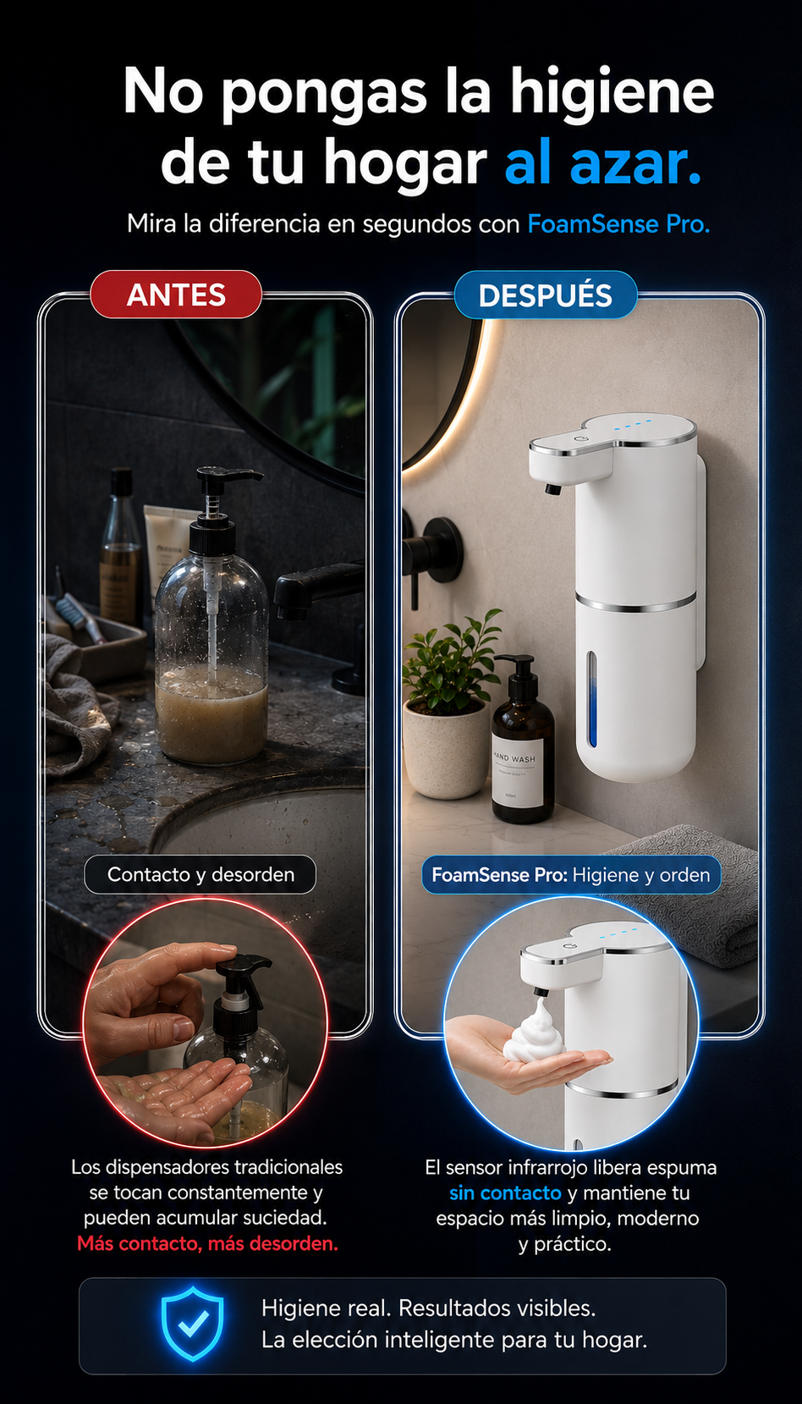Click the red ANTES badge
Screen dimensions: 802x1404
pyautogui.click(x=175, y=295)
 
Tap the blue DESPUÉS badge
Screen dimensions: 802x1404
pyautogui.click(x=545, y=295)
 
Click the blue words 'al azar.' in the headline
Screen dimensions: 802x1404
pyautogui.click(x=602, y=162)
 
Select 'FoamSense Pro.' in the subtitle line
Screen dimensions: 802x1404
pyautogui.click(x=618, y=223)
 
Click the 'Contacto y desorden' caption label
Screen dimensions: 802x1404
pyautogui.click(x=200, y=874)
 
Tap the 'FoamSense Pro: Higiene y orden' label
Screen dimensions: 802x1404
pyautogui.click(x=571, y=874)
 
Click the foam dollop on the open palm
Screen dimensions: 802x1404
pyautogui.click(x=534, y=1032)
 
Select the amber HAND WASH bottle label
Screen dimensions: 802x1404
pyautogui.click(x=518, y=774)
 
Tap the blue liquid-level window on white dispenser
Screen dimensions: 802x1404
pyautogui.click(x=591, y=699)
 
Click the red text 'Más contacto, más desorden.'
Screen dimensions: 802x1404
pyautogui.click(x=207, y=1243)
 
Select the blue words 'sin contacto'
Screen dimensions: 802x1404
pyautogui.click(x=505, y=1192)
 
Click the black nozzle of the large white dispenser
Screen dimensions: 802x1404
pyautogui.click(x=552, y=488)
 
